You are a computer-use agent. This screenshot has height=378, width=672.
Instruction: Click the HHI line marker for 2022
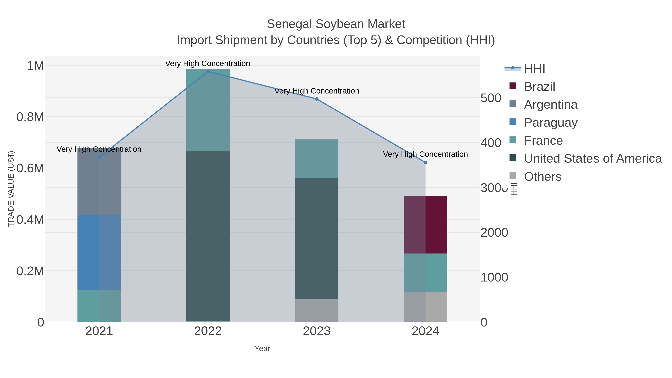coord(208,71)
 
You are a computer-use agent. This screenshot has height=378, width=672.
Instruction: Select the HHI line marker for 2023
coord(317,99)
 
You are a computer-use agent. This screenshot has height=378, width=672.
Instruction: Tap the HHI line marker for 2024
coord(425,163)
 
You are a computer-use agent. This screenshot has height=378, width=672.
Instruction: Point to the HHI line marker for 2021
coord(99,157)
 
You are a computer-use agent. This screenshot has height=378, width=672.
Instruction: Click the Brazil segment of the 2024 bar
coord(425,225)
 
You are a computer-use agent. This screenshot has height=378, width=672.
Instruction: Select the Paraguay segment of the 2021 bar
coord(99,252)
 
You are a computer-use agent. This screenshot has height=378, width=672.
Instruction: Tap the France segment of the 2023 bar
coord(317,159)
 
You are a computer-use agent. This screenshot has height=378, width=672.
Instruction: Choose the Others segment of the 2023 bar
coord(317,310)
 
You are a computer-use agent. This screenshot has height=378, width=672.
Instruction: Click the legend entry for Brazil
coord(539,87)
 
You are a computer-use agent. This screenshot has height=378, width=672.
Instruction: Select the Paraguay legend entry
coord(550,123)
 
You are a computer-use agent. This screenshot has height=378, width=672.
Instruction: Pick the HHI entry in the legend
coord(534,69)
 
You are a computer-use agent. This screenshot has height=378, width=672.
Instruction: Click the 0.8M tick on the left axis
coord(30,117)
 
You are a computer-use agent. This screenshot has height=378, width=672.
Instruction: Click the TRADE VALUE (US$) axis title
coord(11,189)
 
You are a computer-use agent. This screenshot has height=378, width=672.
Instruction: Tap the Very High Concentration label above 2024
coord(425,154)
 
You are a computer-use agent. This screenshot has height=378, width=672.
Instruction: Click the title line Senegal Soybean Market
coord(336,24)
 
